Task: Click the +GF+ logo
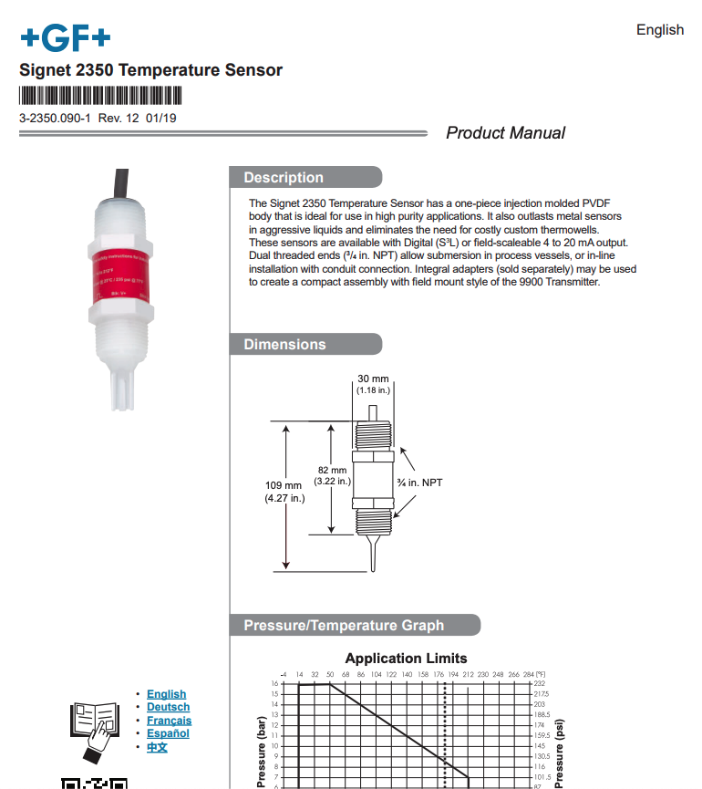(x=65, y=37)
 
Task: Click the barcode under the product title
(x=100, y=96)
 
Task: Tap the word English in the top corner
(x=659, y=30)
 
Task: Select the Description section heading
(x=284, y=178)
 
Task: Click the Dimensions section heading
(x=284, y=345)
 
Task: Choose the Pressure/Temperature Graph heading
(x=344, y=626)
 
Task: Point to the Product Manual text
(x=505, y=133)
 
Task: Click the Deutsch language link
(x=169, y=707)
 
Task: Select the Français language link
(x=170, y=721)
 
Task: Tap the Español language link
(x=169, y=733)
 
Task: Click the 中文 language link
(x=158, y=747)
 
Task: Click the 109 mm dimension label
(x=284, y=492)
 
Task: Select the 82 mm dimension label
(x=333, y=474)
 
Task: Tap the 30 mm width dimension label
(x=372, y=384)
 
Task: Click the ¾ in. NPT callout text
(x=419, y=482)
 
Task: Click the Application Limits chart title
(x=406, y=659)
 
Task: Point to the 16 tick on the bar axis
(x=274, y=683)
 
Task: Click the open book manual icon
(x=93, y=726)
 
